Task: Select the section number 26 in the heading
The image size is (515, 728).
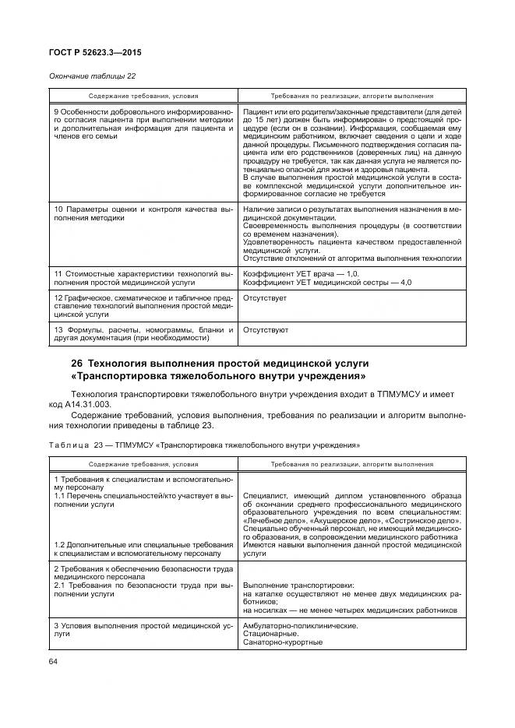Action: tap(76, 364)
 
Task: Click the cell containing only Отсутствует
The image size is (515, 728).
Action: tap(265, 298)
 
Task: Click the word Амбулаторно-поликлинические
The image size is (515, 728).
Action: tap(301, 625)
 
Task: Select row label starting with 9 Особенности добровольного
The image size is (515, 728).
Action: tap(143, 124)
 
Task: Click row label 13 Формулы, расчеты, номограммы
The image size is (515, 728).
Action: tap(143, 334)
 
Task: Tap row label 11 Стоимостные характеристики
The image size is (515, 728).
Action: tap(143, 278)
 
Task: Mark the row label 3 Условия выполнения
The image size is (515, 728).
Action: tap(143, 629)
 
